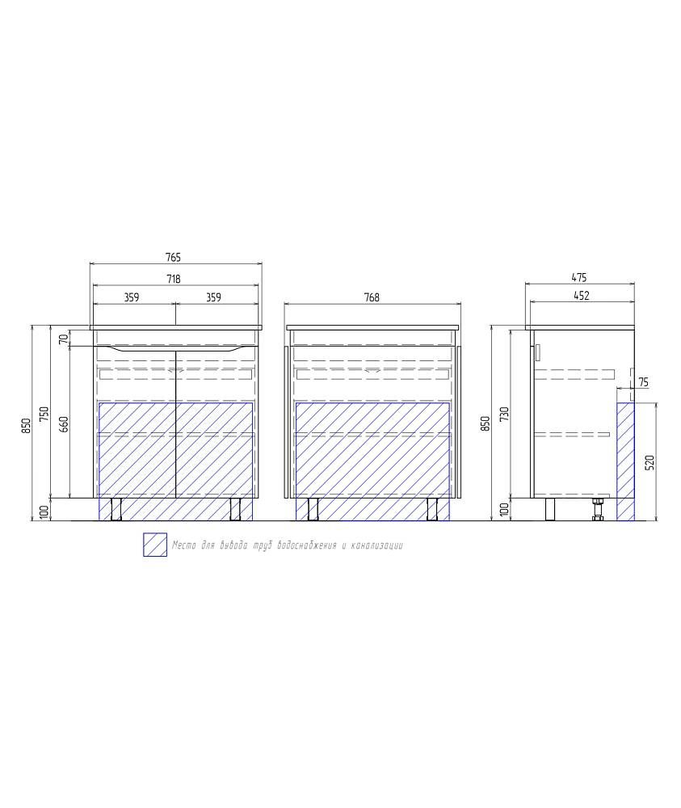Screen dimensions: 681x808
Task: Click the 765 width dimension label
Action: point(174,257)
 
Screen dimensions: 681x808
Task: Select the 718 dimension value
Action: point(174,279)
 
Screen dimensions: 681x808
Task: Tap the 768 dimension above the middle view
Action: point(372,297)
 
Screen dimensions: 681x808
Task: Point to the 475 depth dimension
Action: point(579,278)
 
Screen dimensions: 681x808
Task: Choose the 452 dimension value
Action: point(581,296)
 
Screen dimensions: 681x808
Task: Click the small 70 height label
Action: point(63,339)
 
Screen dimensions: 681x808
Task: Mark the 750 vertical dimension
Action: point(44,415)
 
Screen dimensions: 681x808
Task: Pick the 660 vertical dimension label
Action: point(65,423)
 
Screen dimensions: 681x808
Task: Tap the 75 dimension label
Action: point(643,382)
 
